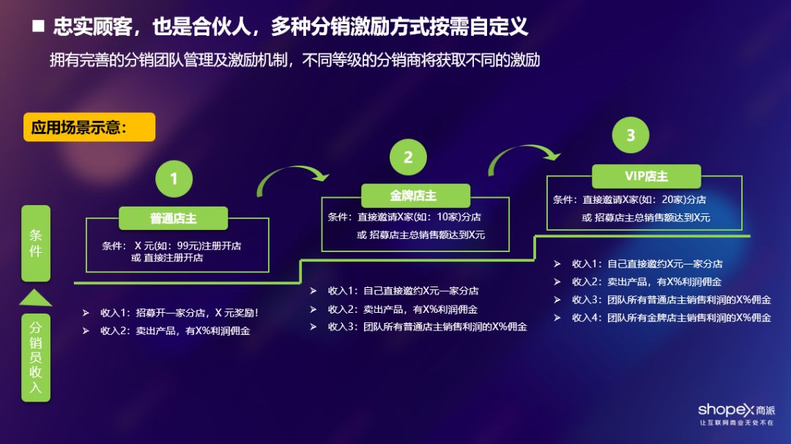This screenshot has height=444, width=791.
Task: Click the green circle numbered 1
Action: pos(174,179)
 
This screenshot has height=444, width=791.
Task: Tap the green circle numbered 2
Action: pos(408,157)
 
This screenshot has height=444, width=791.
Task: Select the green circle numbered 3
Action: pos(631,136)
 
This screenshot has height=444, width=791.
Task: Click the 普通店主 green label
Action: pos(174,218)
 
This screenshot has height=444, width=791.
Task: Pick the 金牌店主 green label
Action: pos(415,196)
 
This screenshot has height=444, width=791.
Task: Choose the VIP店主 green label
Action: pos(646,177)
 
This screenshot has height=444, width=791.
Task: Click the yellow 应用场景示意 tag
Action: pos(89,127)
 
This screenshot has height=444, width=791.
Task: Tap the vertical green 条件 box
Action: pos(36,243)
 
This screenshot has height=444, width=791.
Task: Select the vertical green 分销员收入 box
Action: pos(36,357)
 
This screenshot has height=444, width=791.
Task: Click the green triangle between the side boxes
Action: pos(36,297)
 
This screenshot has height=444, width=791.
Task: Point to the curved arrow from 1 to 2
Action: pos(292,179)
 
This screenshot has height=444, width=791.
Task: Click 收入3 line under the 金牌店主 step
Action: pos(427,327)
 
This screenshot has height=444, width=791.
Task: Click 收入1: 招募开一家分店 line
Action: pos(179,313)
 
